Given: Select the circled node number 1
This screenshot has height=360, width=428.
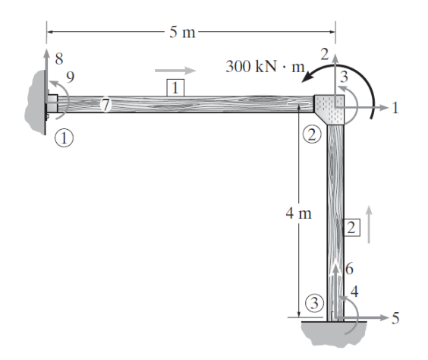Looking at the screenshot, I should click(x=66, y=137).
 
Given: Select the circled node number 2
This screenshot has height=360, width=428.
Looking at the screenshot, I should click(x=313, y=135).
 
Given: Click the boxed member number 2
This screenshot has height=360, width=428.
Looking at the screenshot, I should click(x=351, y=226).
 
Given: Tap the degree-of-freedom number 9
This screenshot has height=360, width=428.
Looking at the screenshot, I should click(x=70, y=77).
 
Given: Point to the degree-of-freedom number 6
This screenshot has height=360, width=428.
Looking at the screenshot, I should click(x=349, y=268).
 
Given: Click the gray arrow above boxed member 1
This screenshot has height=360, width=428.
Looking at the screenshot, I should click(x=175, y=71).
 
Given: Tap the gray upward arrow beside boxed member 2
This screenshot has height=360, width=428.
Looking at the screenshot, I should click(x=370, y=223).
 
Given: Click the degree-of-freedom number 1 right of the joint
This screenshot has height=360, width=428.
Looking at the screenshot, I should click(x=394, y=108).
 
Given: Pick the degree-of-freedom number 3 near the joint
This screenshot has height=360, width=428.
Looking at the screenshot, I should click(x=344, y=76).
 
